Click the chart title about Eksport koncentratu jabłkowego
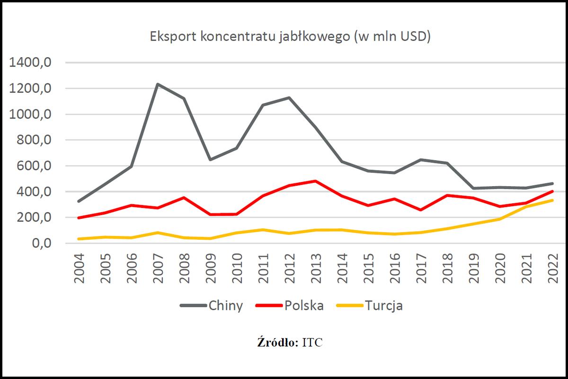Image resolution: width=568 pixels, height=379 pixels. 290,37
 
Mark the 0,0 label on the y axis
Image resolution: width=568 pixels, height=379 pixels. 42,244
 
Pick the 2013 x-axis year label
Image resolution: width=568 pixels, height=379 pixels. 316,268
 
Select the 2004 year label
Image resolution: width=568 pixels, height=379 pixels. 79,268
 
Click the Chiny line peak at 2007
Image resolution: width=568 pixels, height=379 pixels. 158,84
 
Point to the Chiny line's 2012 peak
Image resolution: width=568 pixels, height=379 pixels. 288,98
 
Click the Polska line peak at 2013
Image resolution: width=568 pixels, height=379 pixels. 315,181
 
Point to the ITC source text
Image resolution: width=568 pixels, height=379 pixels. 312,343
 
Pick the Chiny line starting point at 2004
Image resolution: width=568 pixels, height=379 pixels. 79,201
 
